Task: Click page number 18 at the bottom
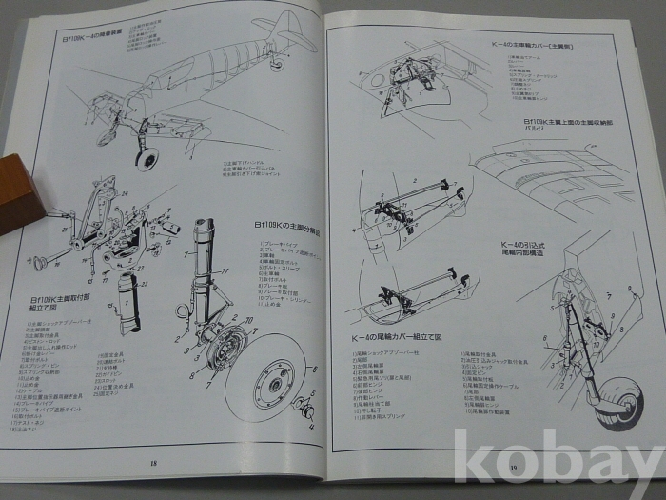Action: click(x=153, y=463)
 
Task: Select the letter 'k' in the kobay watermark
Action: click(x=474, y=463)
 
